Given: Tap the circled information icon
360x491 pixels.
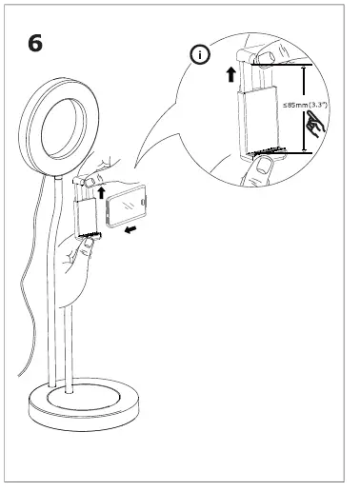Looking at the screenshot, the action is click(x=200, y=56).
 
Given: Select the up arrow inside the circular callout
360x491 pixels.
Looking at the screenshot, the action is click(x=230, y=76).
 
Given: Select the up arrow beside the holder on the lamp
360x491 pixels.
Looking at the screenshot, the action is click(x=101, y=193).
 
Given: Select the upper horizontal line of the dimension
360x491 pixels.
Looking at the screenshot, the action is click(x=286, y=65).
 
